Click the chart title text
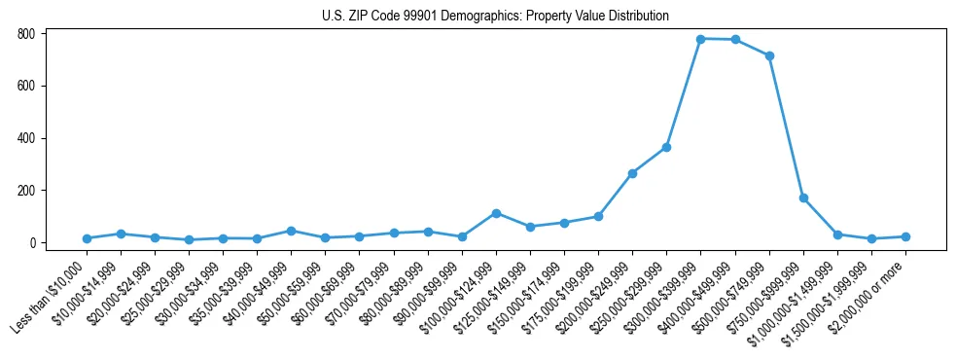click(495, 16)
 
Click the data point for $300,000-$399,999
click(701, 39)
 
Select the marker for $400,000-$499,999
click(735, 40)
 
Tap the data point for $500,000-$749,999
click(769, 55)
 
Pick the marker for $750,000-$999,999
click(803, 198)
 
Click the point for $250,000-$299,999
click(667, 147)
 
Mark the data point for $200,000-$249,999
click(633, 173)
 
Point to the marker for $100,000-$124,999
click(496, 213)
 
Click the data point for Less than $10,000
click(87, 238)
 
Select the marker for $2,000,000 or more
click(905, 236)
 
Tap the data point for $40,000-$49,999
click(291, 231)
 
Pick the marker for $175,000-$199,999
click(598, 216)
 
